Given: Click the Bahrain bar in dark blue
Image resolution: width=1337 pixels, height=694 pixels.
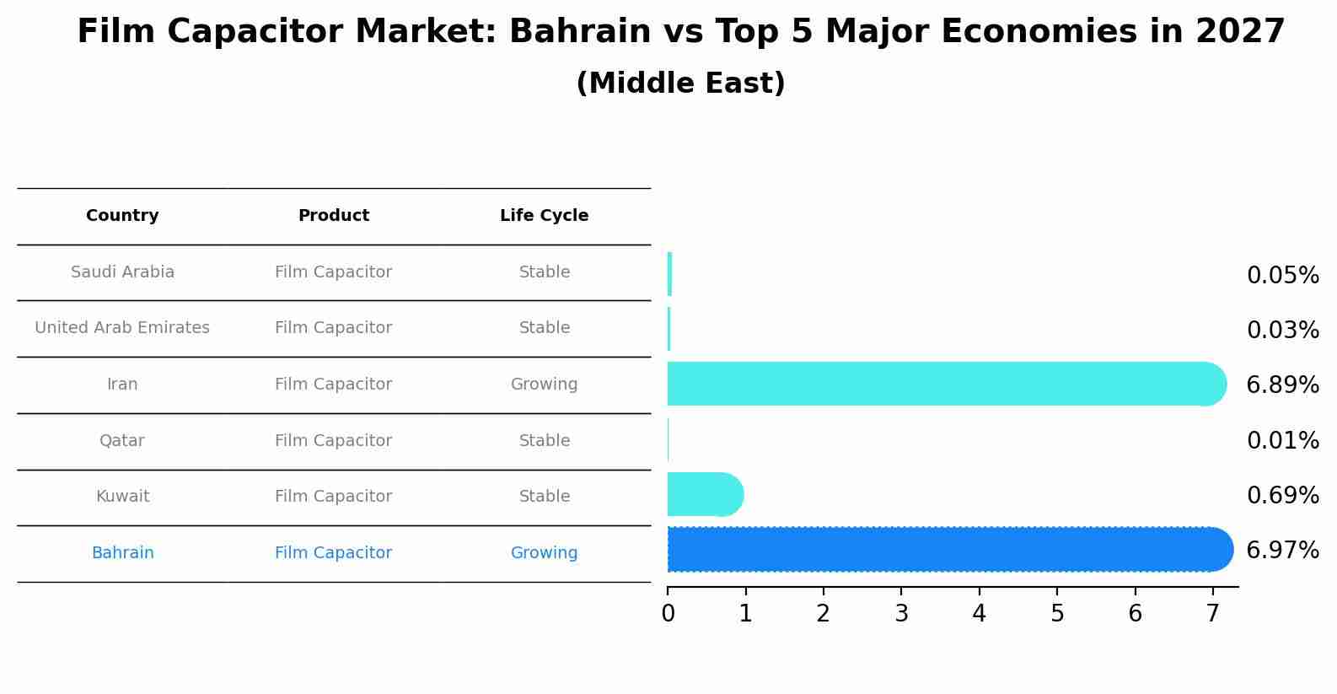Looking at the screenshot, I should (948, 549).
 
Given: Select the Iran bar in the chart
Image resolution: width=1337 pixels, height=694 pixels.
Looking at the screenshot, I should (944, 384).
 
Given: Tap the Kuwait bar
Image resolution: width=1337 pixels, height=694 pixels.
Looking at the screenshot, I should (705, 494).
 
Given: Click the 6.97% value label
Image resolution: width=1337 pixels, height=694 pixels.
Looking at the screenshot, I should (1282, 551).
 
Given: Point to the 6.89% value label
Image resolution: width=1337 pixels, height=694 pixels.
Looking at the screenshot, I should (1282, 385).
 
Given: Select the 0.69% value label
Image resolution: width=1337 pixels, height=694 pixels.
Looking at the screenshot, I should (1282, 496).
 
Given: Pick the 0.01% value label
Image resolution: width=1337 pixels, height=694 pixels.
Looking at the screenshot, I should (1282, 441).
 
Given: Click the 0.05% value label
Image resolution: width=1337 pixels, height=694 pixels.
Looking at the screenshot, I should (1282, 276).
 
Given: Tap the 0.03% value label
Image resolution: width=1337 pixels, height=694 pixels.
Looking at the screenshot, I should (1282, 331).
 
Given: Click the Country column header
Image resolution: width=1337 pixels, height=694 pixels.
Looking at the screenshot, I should (122, 216).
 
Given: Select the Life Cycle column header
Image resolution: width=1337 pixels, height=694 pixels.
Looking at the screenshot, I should (544, 216).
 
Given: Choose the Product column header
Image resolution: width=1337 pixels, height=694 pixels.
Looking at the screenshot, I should (333, 216).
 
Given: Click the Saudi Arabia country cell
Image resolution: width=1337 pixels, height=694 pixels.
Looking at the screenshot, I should (122, 272).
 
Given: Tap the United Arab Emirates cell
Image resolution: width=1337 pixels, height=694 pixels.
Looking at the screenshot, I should (122, 328).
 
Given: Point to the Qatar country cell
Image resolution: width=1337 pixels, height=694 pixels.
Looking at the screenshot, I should (122, 441).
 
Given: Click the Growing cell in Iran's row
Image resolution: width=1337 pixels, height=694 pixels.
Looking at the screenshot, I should (544, 385).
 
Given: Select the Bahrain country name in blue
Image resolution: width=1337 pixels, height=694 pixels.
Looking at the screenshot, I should (122, 553).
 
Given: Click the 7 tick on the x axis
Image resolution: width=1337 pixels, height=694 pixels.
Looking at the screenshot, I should (1212, 614).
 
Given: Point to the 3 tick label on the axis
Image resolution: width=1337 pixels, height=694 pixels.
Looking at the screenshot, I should (901, 614).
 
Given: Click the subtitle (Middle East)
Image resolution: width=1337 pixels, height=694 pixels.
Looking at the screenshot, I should (680, 83).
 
